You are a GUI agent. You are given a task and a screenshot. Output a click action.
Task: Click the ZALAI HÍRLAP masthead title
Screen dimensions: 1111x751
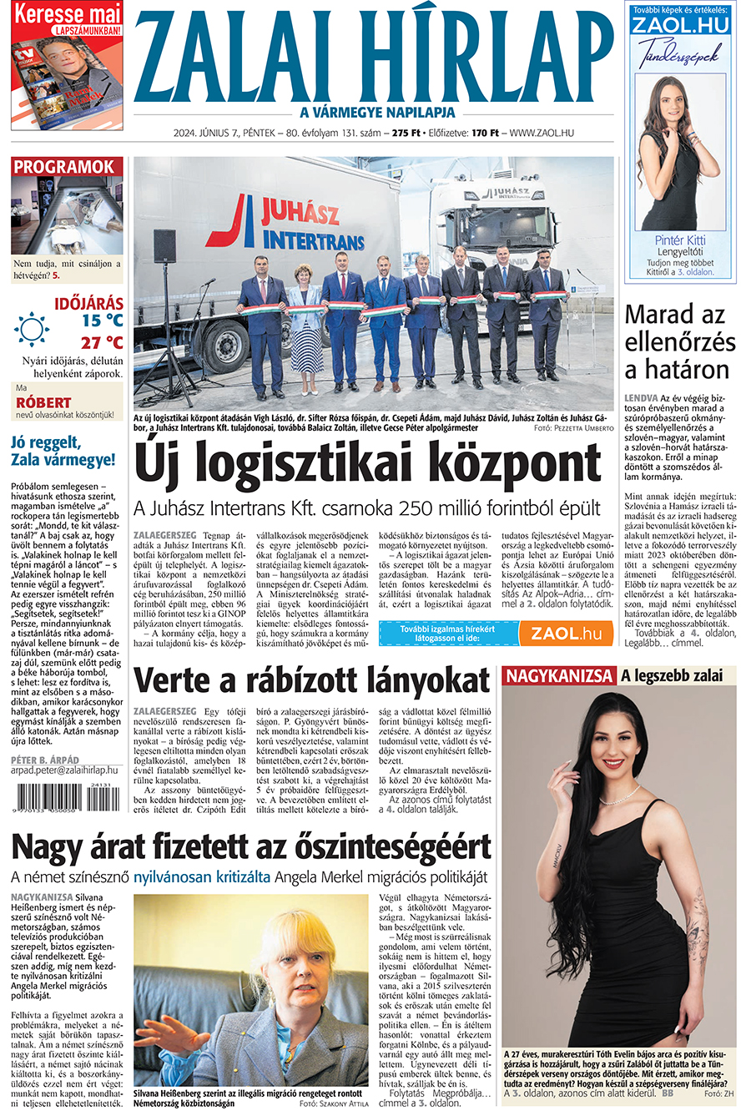click(373, 57)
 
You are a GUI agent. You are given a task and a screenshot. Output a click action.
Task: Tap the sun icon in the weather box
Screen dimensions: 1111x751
click(31, 329)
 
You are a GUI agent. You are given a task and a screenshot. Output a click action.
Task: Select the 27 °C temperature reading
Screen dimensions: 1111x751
click(102, 342)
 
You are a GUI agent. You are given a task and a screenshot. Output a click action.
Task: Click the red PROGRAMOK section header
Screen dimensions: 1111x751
click(64, 167)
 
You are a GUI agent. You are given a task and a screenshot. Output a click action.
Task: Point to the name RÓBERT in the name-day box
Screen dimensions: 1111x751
click(43, 402)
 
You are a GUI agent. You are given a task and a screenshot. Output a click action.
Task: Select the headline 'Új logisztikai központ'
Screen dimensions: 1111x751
click(367, 465)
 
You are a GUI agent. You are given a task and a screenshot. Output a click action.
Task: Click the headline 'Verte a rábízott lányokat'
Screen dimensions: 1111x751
click(311, 680)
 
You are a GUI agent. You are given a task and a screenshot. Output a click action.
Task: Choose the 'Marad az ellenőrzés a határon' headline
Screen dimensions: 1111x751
click(680, 341)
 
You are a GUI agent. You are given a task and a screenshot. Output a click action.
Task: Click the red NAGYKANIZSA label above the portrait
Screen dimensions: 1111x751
click(559, 675)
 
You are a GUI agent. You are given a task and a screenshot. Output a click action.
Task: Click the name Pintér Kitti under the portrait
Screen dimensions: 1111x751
click(679, 240)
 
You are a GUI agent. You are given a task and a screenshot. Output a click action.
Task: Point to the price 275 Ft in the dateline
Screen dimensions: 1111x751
click(406, 133)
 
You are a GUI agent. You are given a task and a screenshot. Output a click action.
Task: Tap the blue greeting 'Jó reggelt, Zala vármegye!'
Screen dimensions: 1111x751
click(63, 451)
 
